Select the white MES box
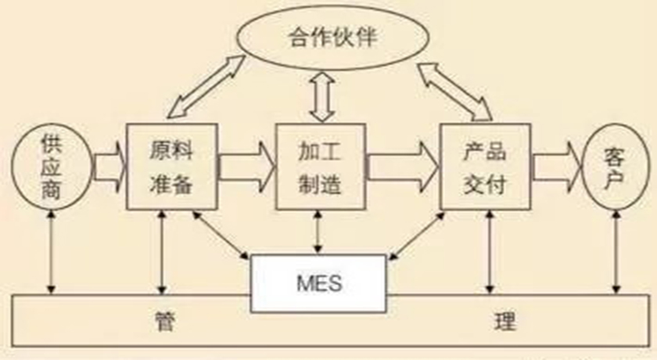pyautogui.click(x=318, y=283)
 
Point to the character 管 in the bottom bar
pyautogui.click(x=164, y=321)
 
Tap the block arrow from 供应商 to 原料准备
pyautogui.click(x=109, y=167)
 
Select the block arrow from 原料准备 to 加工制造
pyautogui.click(x=247, y=167)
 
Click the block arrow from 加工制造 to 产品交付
pyautogui.click(x=403, y=167)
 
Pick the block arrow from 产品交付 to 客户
pyautogui.click(x=557, y=167)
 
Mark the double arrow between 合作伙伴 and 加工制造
pyautogui.click(x=321, y=97)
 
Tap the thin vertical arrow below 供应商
pyautogui.click(x=51, y=252)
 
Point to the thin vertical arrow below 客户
pyautogui.click(x=616, y=252)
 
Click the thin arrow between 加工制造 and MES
pyautogui.click(x=318, y=232)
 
